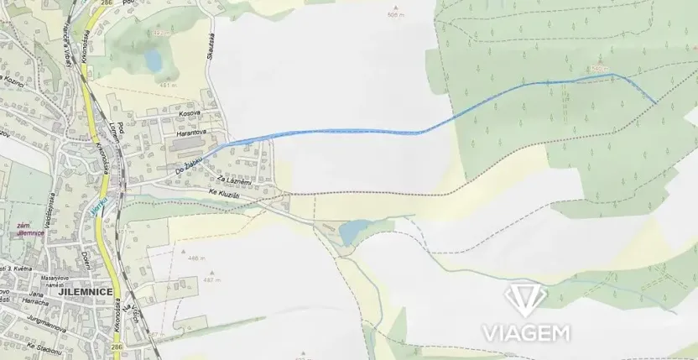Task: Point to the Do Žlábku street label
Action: (x=191, y=163)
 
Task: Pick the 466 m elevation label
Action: (x=195, y=258)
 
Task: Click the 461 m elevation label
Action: (x=169, y=85)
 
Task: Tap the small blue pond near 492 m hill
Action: (x=153, y=59)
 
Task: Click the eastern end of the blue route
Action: (x=656, y=102)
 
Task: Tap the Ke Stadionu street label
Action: (x=44, y=345)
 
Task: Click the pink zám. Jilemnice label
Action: (x=30, y=231)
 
